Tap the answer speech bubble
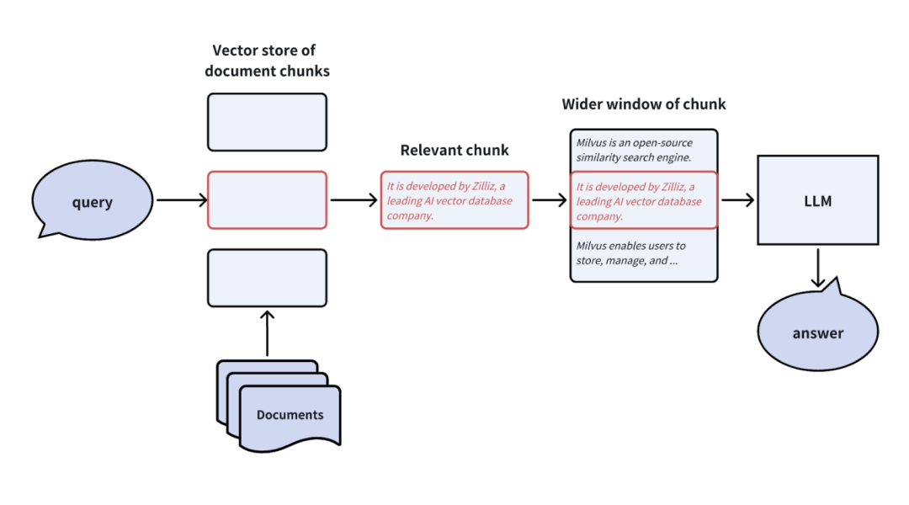coord(817,332)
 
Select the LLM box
coord(818,201)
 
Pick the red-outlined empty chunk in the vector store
coord(267,199)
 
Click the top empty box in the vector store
coord(267,122)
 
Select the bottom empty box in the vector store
coord(267,277)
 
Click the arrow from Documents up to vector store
coord(267,333)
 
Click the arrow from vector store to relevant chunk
coord(353,200)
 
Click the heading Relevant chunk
coord(454,151)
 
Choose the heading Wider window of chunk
coord(644,104)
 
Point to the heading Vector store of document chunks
coord(267,61)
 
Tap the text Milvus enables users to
coord(631,246)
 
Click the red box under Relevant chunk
coord(454,200)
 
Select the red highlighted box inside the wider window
coord(644,200)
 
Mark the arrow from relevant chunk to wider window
coord(550,200)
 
